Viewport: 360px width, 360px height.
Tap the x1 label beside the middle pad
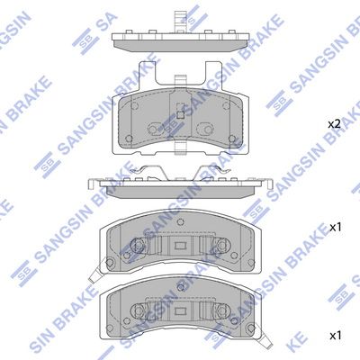[335, 227]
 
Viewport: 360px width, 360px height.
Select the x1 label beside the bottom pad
[335, 335]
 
